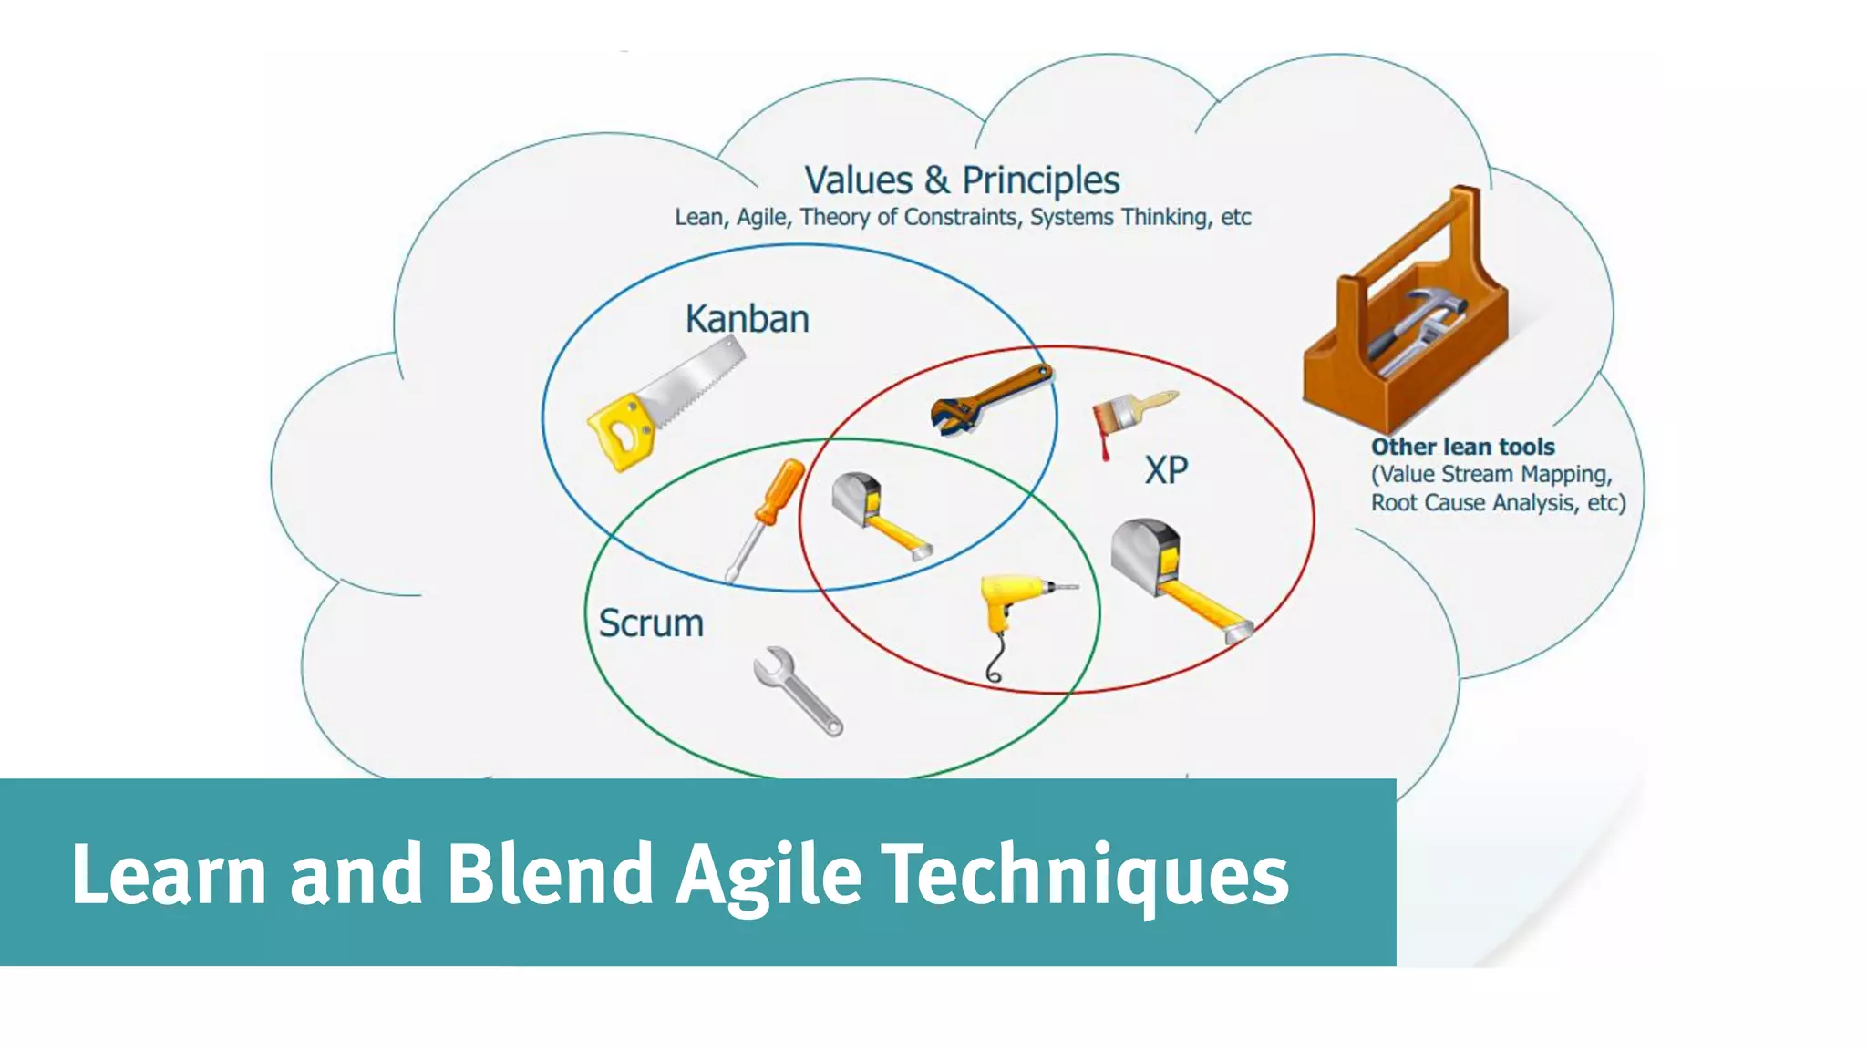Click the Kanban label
click(x=747, y=319)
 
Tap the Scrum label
click(x=651, y=623)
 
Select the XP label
click(x=1166, y=470)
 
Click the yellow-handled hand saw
click(x=661, y=406)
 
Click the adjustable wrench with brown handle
click(x=989, y=399)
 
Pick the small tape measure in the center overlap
click(x=877, y=514)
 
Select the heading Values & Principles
click(x=962, y=180)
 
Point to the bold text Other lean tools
click(x=1462, y=447)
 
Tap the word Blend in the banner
click(x=550, y=873)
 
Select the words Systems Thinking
click(x=1119, y=217)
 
